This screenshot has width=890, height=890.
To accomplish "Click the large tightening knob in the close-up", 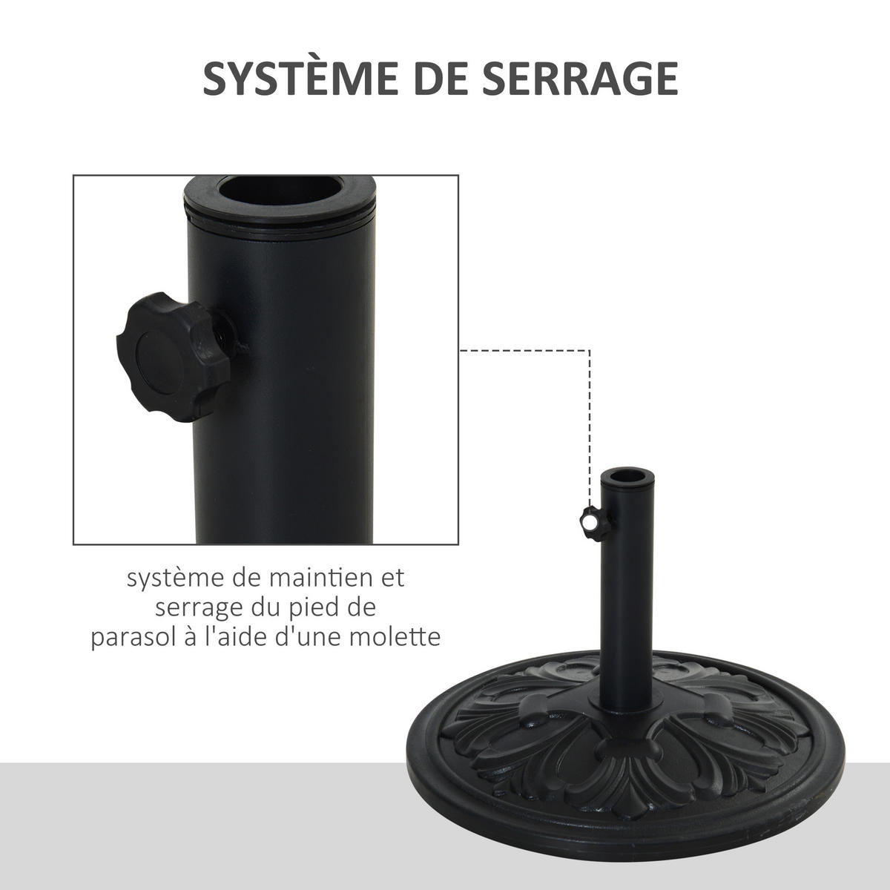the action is [174, 357].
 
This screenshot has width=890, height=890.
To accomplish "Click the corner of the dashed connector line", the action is [590, 351].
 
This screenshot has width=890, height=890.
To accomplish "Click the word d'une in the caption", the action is [313, 638].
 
